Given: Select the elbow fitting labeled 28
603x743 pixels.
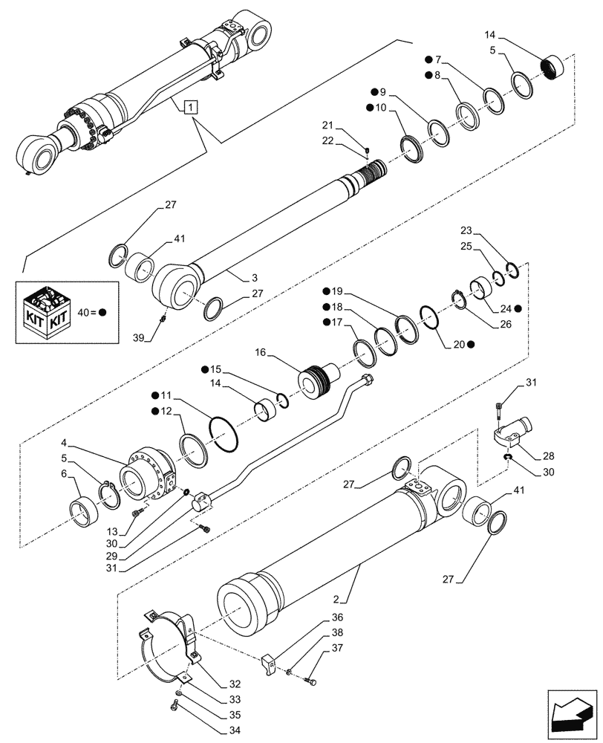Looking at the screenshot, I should coord(513,432).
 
